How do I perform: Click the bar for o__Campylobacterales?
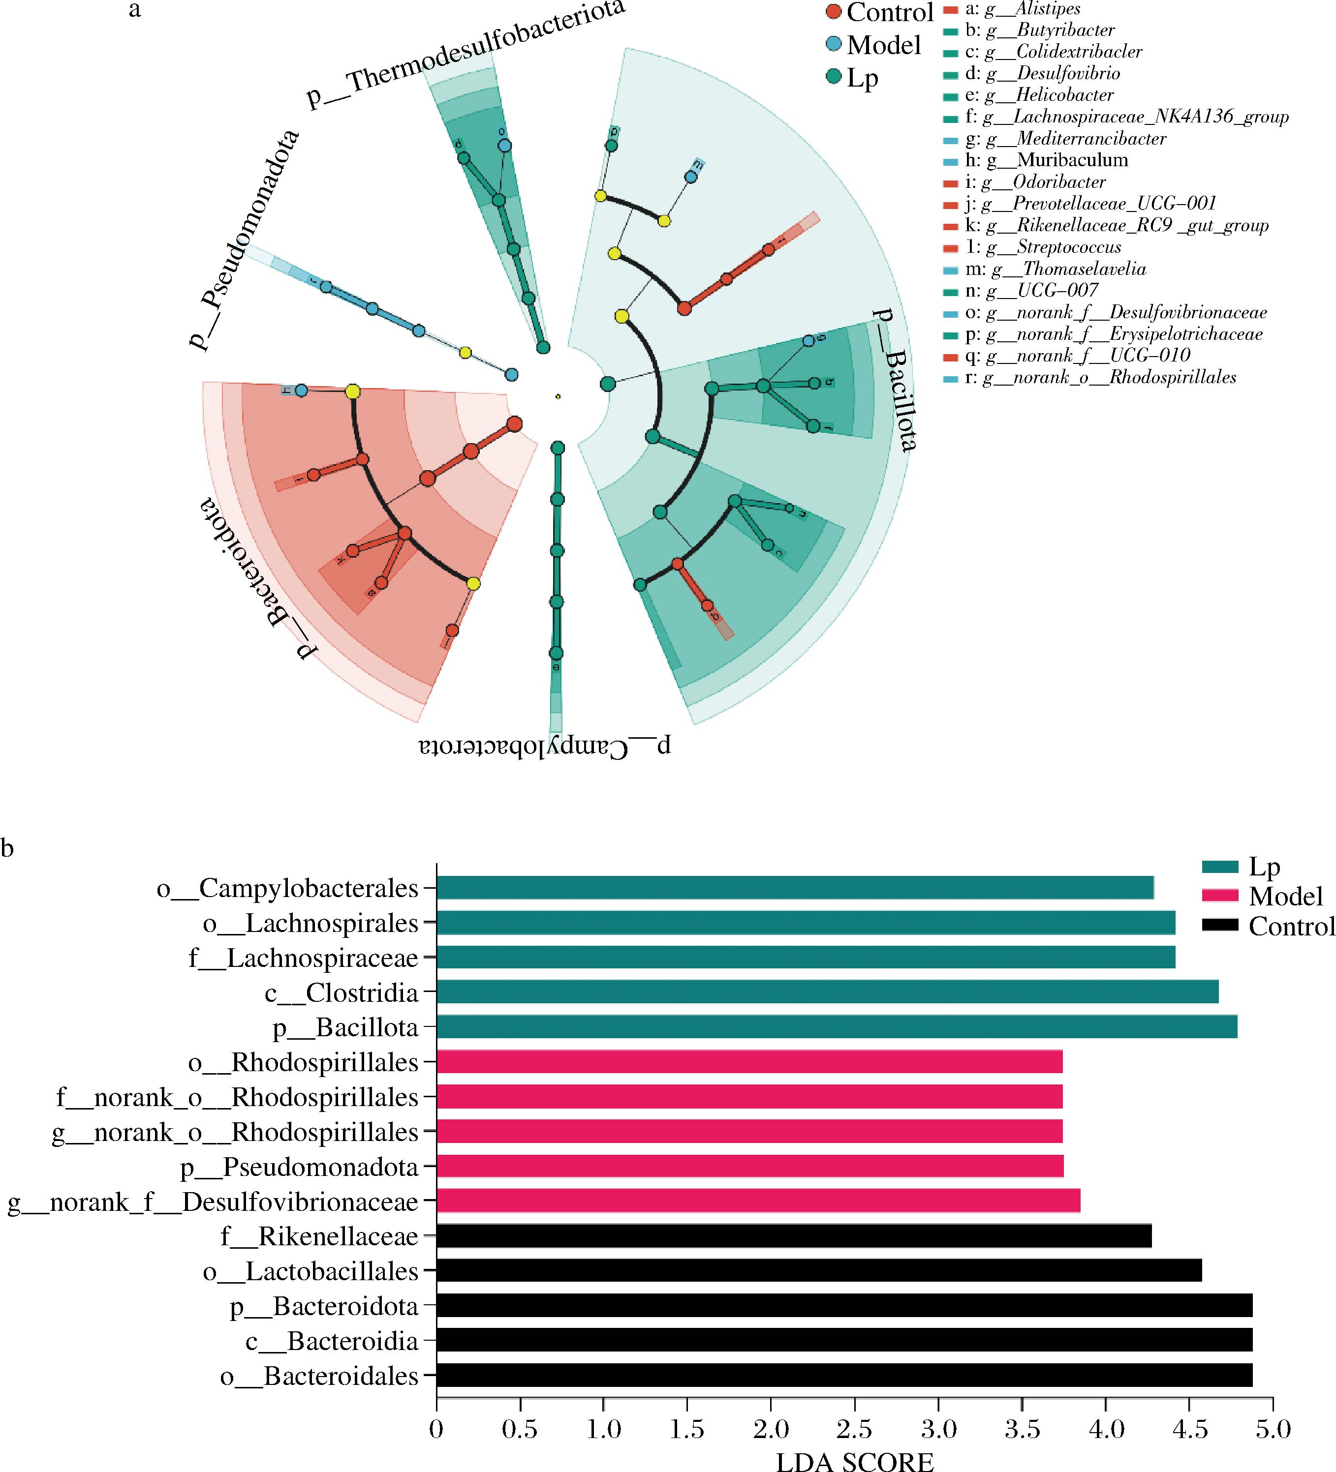[795, 888]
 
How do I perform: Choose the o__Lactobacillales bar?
[819, 1271]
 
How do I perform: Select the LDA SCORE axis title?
[855, 1460]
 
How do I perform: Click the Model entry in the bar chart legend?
[1286, 896]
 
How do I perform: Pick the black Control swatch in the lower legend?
[1220, 925]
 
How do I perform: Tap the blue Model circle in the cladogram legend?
[834, 45]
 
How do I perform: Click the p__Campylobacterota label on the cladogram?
[545, 746]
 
